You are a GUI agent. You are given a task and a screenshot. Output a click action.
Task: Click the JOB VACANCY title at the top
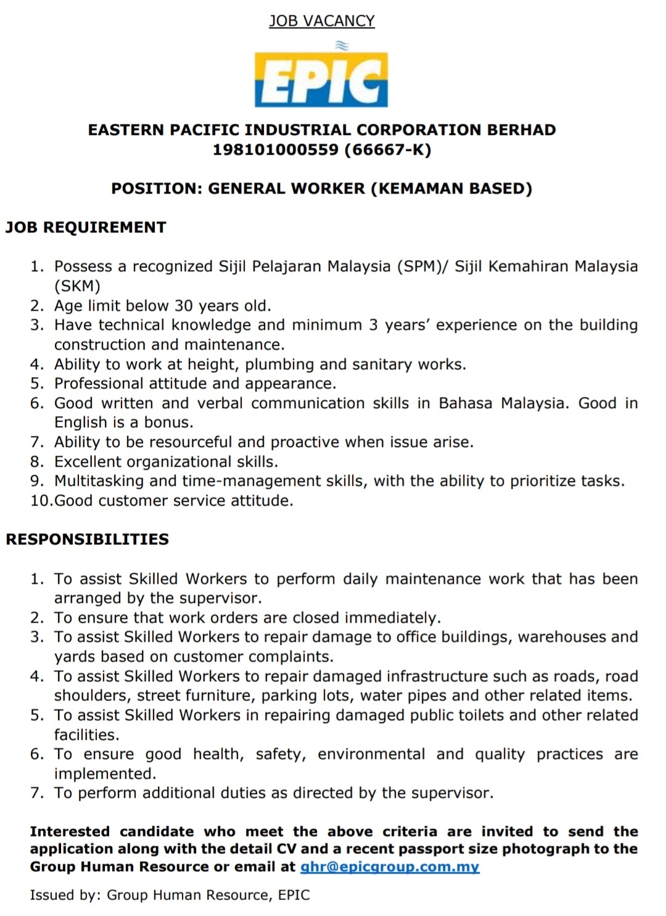coord(321,21)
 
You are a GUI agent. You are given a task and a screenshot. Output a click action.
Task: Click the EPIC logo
coord(321,79)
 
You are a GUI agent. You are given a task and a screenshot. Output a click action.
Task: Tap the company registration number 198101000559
coord(275,150)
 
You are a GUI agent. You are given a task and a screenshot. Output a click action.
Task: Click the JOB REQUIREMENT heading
coord(86,227)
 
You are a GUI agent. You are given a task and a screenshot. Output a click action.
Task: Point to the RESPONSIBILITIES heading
coord(87,539)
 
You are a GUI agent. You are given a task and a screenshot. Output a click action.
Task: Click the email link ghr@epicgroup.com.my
coord(390,867)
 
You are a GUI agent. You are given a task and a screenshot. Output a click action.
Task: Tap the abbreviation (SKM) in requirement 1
coord(77,286)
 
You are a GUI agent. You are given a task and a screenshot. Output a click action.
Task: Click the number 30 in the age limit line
coord(184,306)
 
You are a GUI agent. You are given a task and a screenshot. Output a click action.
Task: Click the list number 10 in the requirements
coord(41,501)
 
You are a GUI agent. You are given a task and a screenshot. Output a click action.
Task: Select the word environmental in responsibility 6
coord(371,754)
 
